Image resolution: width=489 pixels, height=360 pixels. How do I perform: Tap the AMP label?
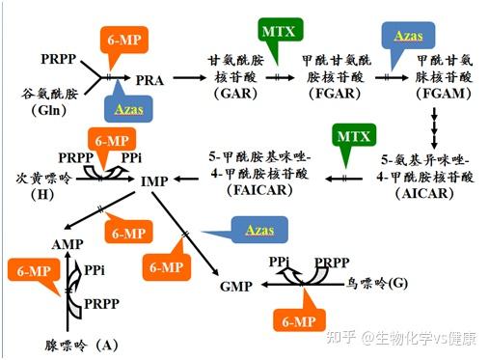click(x=68, y=245)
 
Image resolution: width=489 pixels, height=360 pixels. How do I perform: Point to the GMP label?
click(x=236, y=287)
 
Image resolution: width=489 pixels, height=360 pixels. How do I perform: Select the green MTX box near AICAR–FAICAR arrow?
click(x=354, y=136)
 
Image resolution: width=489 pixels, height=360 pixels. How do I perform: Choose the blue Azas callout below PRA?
click(x=128, y=110)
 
